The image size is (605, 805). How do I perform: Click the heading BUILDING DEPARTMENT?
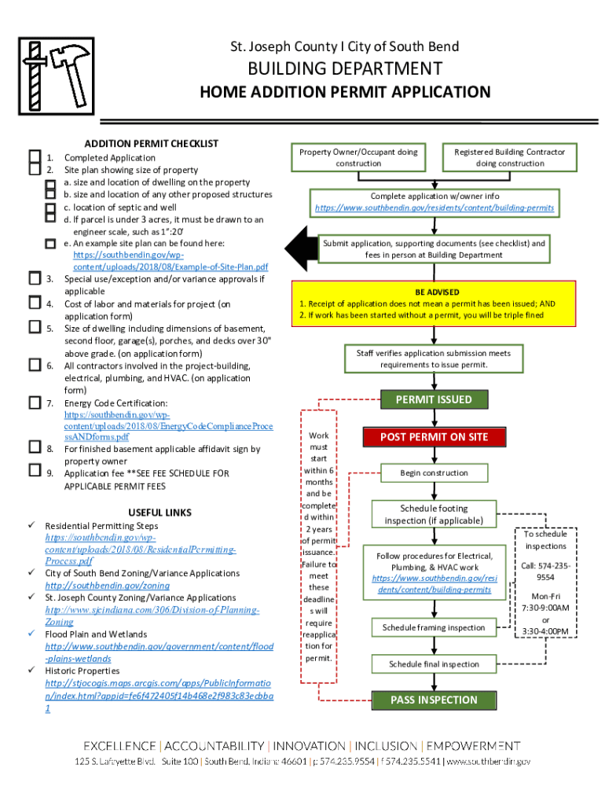coord(345,69)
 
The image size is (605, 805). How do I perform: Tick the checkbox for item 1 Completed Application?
coord(34,156)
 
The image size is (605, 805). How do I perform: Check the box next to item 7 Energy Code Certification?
coord(34,402)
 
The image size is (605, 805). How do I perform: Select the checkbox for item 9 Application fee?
coord(34,471)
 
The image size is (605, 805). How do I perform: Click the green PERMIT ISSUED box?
coord(433,399)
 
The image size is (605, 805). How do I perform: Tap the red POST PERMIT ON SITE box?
coord(434,436)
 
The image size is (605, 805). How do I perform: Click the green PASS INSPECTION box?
coord(434,700)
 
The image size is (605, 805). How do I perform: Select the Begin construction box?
coord(434,472)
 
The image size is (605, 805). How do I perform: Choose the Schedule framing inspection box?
coord(434,627)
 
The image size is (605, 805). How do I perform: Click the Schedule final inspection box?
coord(434,664)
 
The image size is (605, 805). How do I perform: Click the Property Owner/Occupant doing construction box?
coord(358,157)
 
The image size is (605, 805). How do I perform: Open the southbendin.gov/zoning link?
coord(107,586)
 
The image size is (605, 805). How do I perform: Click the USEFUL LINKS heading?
coord(159,513)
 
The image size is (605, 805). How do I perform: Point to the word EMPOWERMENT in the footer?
coord(475,745)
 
